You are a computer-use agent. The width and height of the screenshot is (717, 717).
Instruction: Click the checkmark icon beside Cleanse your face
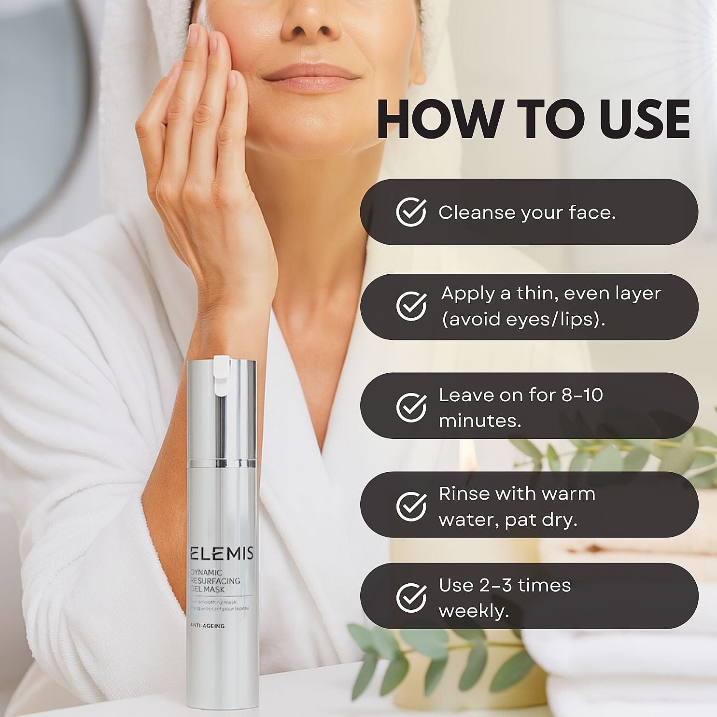[411, 212]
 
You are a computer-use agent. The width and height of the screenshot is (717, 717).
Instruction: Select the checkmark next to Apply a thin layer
[411, 306]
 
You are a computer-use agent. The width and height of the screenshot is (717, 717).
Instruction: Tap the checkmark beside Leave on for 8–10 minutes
[411, 407]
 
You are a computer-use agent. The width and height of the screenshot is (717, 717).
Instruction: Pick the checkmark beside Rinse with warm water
[411, 506]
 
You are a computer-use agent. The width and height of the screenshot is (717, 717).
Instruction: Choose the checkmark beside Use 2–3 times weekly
[411, 597]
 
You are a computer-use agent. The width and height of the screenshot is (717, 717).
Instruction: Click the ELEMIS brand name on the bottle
[222, 553]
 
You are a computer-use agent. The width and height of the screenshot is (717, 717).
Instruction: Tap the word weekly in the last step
[473, 611]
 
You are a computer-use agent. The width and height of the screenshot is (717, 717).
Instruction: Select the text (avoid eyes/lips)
[523, 319]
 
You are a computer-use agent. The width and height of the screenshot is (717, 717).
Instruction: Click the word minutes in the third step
[479, 421]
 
